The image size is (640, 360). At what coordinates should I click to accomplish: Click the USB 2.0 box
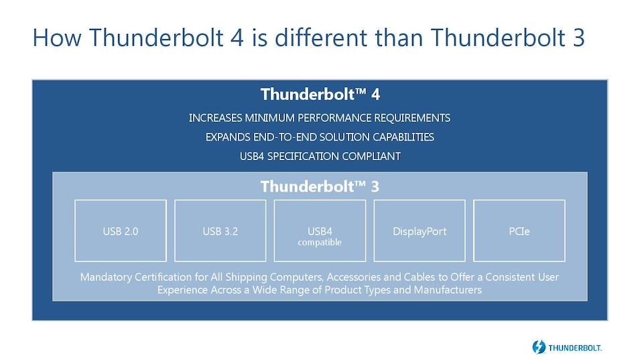pyautogui.click(x=121, y=231)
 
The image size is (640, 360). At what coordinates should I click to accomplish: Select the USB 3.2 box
pyautogui.click(x=220, y=231)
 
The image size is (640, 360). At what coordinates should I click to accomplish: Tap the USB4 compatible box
pyautogui.click(x=320, y=231)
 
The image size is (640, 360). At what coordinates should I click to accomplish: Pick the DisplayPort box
pyautogui.click(x=420, y=231)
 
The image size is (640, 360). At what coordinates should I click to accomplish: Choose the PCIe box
pyautogui.click(x=519, y=231)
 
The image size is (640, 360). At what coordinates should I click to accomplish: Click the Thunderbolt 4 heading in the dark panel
pyautogui.click(x=320, y=95)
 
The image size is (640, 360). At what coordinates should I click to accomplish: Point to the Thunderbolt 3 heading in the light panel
pyautogui.click(x=320, y=186)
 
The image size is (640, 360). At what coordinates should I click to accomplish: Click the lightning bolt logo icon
pyautogui.click(x=539, y=347)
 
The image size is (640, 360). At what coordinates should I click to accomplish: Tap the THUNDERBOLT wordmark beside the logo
pyautogui.click(x=575, y=348)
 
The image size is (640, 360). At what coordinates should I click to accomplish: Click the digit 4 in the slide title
pyautogui.click(x=237, y=38)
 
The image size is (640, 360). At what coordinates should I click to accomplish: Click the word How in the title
pyautogui.click(x=57, y=38)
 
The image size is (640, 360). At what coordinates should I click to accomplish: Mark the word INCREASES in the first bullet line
pyautogui.click(x=215, y=118)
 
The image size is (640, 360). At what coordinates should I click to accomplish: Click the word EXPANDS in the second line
pyautogui.click(x=228, y=137)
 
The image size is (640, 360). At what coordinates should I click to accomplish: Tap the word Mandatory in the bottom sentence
pyautogui.click(x=106, y=278)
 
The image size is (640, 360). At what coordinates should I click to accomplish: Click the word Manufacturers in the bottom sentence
pyautogui.click(x=448, y=290)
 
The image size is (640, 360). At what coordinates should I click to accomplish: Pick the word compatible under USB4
pyautogui.click(x=320, y=243)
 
